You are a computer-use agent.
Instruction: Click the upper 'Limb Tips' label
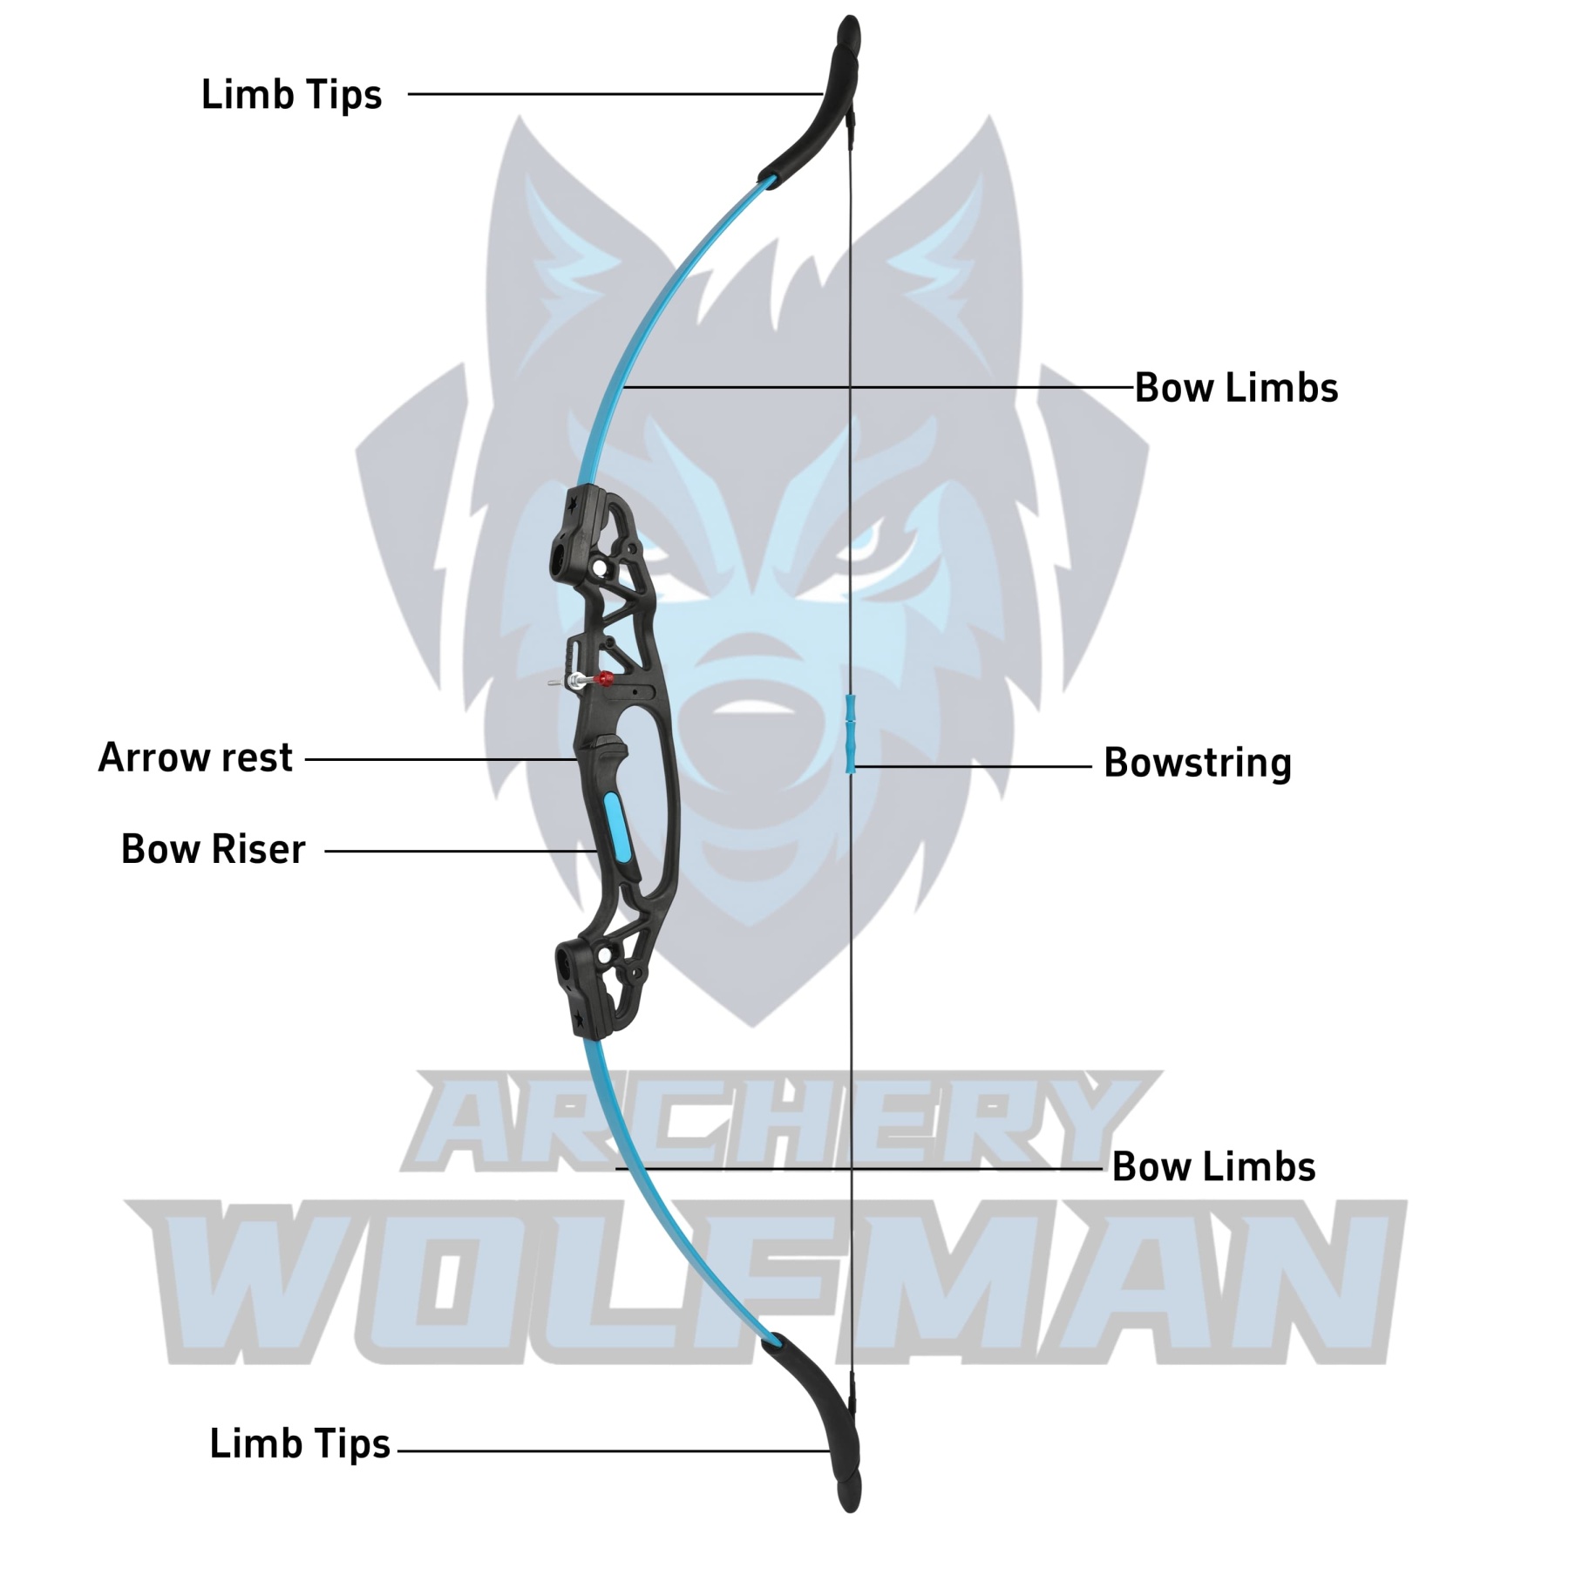coord(291,94)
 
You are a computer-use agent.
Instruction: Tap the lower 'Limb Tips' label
coord(299,1443)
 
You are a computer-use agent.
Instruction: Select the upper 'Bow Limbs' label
coord(1236,388)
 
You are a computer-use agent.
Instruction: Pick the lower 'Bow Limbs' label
coord(1213,1167)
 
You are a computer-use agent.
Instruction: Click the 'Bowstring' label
coord(1197,763)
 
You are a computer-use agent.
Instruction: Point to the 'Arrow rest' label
coord(195,757)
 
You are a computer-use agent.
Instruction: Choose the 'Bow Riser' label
coord(213,849)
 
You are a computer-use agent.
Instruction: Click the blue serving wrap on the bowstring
coord(851,733)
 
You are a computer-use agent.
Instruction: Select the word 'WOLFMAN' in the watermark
coord(767,1281)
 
